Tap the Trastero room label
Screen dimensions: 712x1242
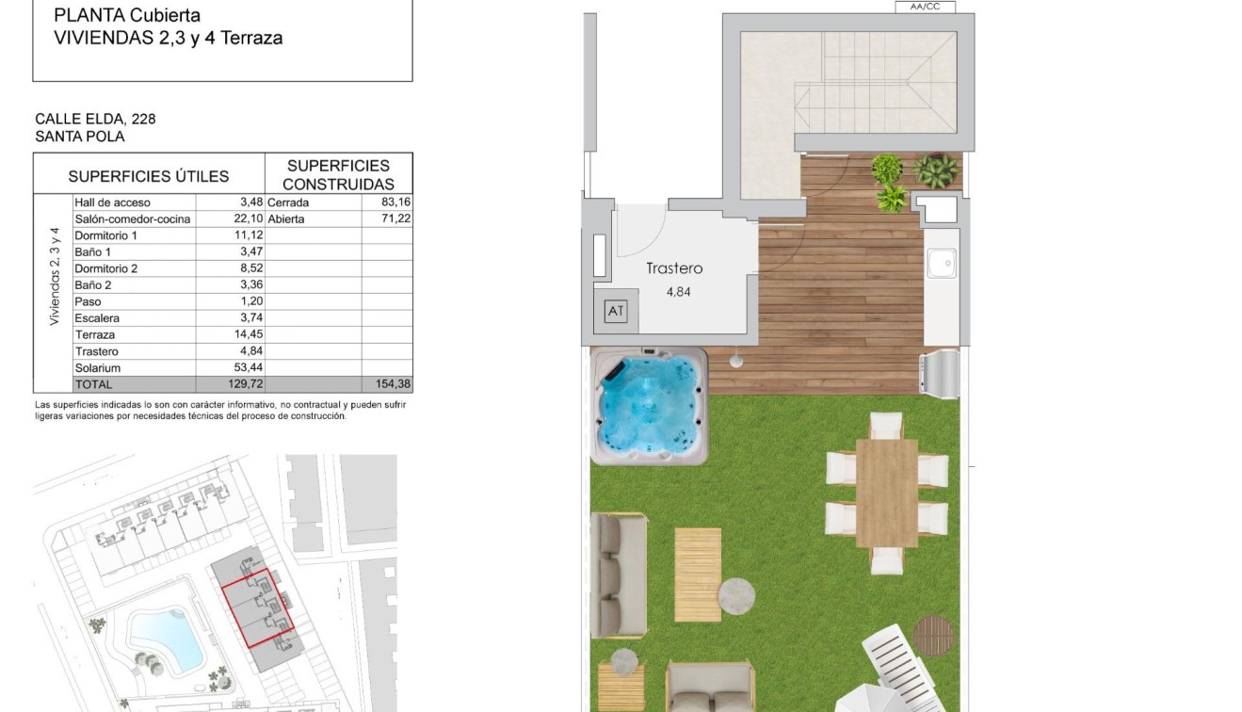point(674,268)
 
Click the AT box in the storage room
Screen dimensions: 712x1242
point(616,311)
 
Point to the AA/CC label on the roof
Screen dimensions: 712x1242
point(926,7)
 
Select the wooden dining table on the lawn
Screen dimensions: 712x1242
point(886,493)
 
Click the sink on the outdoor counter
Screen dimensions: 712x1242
point(941,263)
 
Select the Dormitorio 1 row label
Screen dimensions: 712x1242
point(106,235)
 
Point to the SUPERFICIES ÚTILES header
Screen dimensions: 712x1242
point(149,176)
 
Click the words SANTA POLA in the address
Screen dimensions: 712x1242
point(80,137)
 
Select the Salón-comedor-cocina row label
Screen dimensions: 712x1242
point(132,219)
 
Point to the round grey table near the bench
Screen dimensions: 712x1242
point(736,594)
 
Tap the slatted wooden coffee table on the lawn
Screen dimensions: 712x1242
point(698,574)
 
